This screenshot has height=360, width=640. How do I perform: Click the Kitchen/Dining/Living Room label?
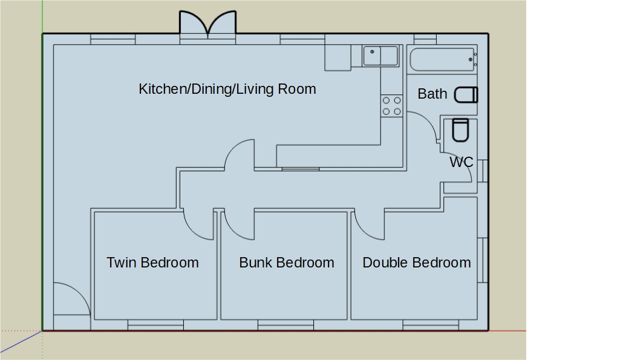(227, 89)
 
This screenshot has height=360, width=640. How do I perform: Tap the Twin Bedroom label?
(152, 263)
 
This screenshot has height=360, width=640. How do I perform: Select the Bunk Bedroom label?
(287, 263)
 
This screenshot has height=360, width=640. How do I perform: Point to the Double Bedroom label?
(417, 263)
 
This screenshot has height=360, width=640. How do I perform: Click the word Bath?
(433, 94)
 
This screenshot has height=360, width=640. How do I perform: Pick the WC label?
(461, 162)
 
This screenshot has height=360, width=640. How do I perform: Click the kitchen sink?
(380, 56)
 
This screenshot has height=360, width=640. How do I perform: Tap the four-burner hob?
(392, 106)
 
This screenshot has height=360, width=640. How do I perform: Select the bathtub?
(442, 59)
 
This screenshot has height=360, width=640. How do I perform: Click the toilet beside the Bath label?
(466, 95)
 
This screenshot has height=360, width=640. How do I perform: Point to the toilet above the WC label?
(460, 130)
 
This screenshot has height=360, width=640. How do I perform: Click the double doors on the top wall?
(207, 24)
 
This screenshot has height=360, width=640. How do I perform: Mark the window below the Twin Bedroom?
(155, 325)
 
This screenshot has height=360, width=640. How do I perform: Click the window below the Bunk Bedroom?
(286, 325)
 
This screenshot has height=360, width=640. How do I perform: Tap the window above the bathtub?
(425, 39)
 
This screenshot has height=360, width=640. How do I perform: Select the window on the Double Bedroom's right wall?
(483, 260)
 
